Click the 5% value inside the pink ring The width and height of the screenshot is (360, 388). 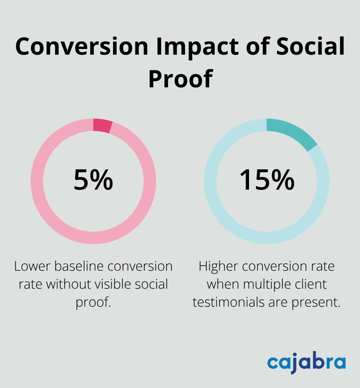[x=93, y=180]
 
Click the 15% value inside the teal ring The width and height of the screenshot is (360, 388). [x=267, y=180]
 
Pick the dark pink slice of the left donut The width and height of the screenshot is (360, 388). [x=103, y=126]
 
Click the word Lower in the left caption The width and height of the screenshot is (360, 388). [x=32, y=266]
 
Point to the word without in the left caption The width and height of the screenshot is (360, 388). [x=69, y=284]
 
